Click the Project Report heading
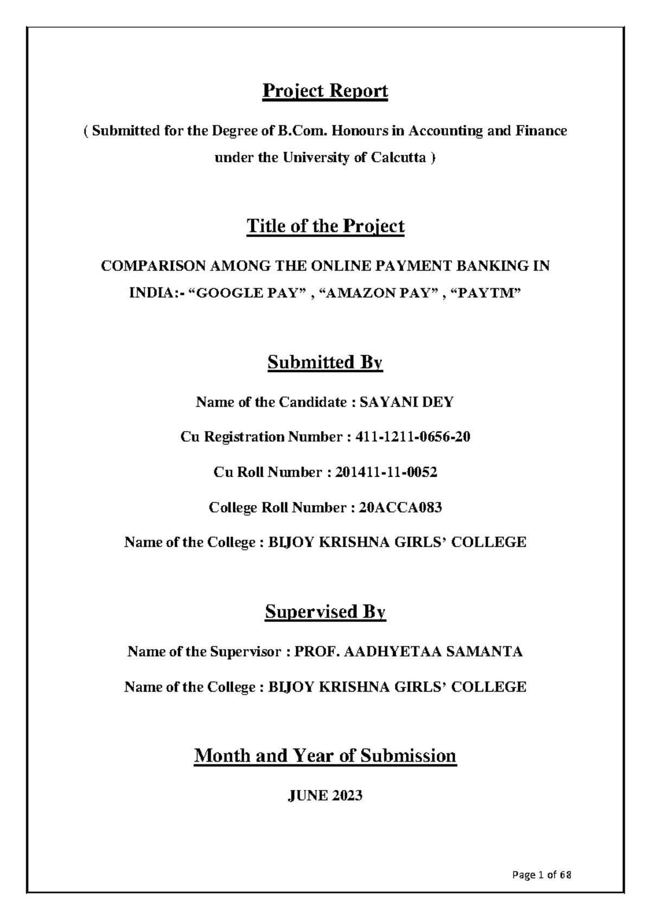pyautogui.click(x=325, y=91)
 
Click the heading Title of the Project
pyautogui.click(x=325, y=226)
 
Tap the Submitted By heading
pyautogui.click(x=325, y=362)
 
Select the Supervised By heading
pyautogui.click(x=325, y=612)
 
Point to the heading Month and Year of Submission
pyautogui.click(x=325, y=755)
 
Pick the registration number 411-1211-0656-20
pyautogui.click(x=412, y=437)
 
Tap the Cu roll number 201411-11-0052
pyautogui.click(x=386, y=472)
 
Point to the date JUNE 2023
pyautogui.click(x=325, y=796)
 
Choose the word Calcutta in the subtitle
pyautogui.click(x=399, y=158)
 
